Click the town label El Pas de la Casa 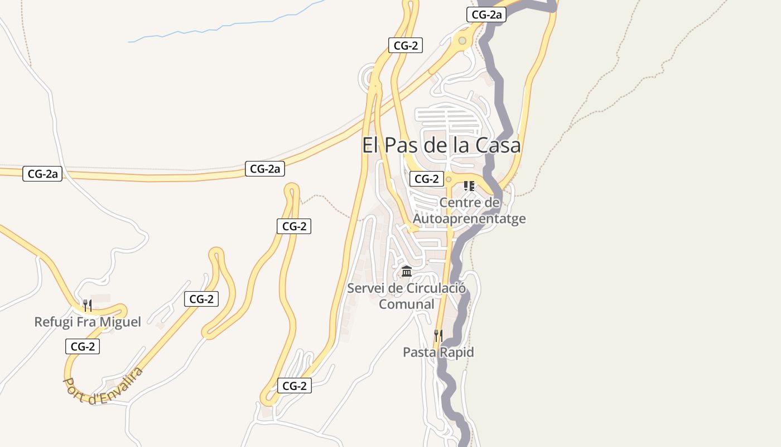coord(441,145)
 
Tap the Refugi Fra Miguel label coord(88,322)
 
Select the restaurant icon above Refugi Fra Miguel coord(88,305)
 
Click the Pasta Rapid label coord(438,352)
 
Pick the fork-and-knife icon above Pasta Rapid coord(438,335)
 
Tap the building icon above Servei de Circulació coord(407,272)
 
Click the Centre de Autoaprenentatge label coord(469,210)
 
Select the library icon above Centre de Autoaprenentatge coord(469,186)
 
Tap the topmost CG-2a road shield coord(486,15)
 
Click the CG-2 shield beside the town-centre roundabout coord(427,179)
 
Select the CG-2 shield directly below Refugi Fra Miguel coord(83,346)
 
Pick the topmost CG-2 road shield coord(406,46)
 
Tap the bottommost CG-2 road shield coord(295,386)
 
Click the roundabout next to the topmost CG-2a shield coord(462,40)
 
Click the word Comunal coord(406,305)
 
